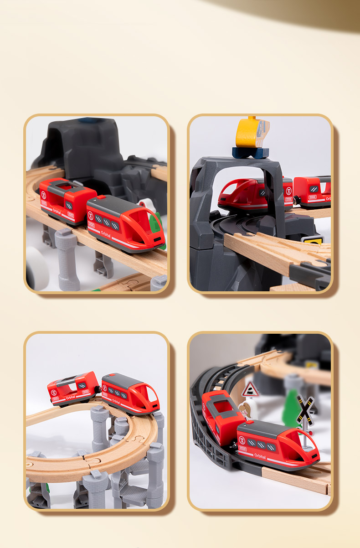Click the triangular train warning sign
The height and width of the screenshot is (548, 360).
click(250, 389)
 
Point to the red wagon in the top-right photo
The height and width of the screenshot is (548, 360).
click(312, 189)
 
